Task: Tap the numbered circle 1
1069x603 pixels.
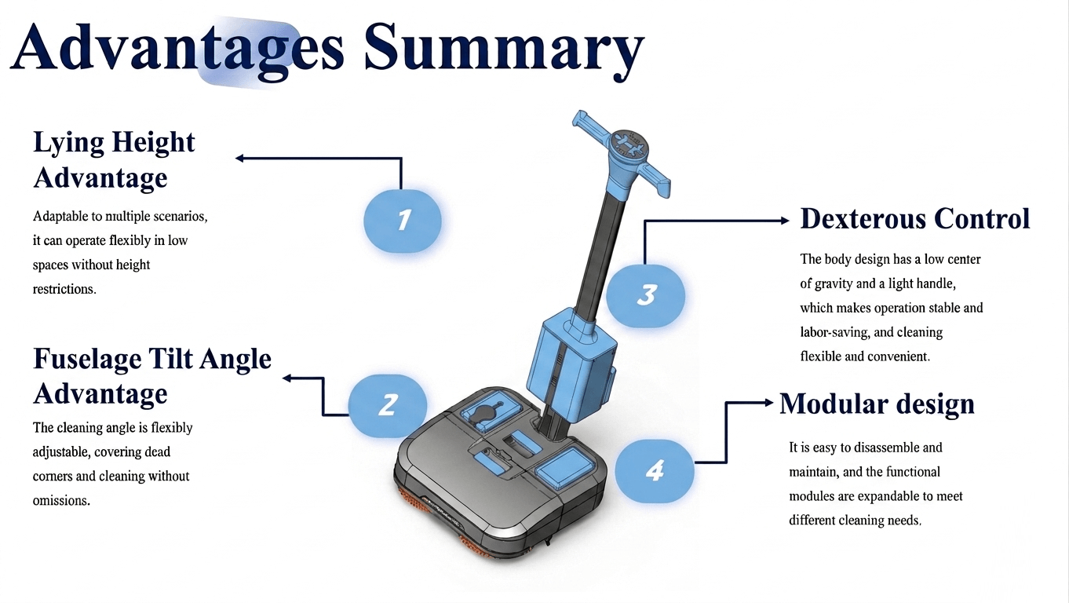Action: [x=403, y=220]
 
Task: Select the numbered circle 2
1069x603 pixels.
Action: [x=388, y=404]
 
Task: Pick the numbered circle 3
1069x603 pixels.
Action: [x=646, y=295]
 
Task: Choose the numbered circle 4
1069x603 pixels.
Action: [x=655, y=470]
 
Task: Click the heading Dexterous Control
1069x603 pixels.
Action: [x=914, y=219]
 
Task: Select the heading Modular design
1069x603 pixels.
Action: [x=877, y=404]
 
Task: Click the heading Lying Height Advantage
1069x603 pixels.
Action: [x=114, y=160]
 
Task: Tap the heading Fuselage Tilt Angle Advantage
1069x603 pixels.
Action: [x=151, y=375]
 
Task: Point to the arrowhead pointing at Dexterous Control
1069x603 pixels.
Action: [x=784, y=221]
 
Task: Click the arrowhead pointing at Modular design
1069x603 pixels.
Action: [x=768, y=403]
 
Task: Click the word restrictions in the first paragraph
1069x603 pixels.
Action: [x=64, y=289]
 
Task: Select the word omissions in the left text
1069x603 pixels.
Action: [x=61, y=500]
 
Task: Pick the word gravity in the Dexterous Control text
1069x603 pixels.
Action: [x=837, y=283]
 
